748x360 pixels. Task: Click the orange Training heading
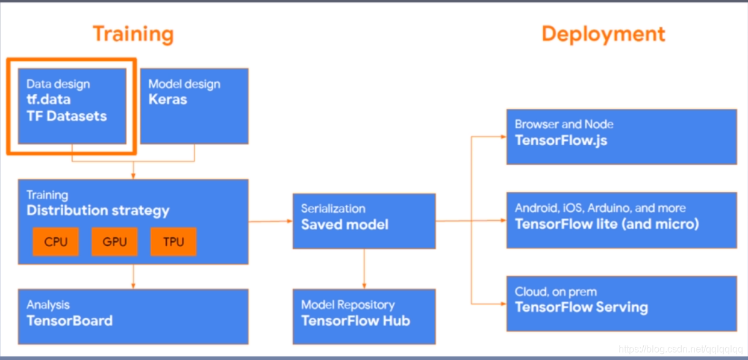(x=133, y=34)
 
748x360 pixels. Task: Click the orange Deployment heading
(x=603, y=34)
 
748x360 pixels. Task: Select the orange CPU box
(x=56, y=242)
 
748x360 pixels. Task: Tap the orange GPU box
(x=114, y=242)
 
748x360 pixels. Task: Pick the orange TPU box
(x=173, y=242)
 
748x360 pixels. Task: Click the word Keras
(x=167, y=99)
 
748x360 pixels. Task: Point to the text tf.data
(x=48, y=100)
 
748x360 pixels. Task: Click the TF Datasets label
(x=66, y=116)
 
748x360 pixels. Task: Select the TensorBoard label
(x=69, y=320)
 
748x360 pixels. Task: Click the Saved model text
(x=344, y=225)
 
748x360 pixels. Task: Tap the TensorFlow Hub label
(x=355, y=320)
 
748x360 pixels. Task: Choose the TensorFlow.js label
(x=561, y=140)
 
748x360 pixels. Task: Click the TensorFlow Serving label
(x=581, y=307)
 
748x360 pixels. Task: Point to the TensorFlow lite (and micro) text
(x=606, y=224)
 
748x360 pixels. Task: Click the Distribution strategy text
(x=98, y=211)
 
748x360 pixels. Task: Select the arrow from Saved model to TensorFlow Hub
(x=364, y=268)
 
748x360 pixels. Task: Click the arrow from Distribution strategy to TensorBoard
(x=133, y=276)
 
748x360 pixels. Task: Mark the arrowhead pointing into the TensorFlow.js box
(x=503, y=137)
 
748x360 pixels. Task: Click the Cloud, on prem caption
(x=555, y=292)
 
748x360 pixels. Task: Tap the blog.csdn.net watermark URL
(x=681, y=350)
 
